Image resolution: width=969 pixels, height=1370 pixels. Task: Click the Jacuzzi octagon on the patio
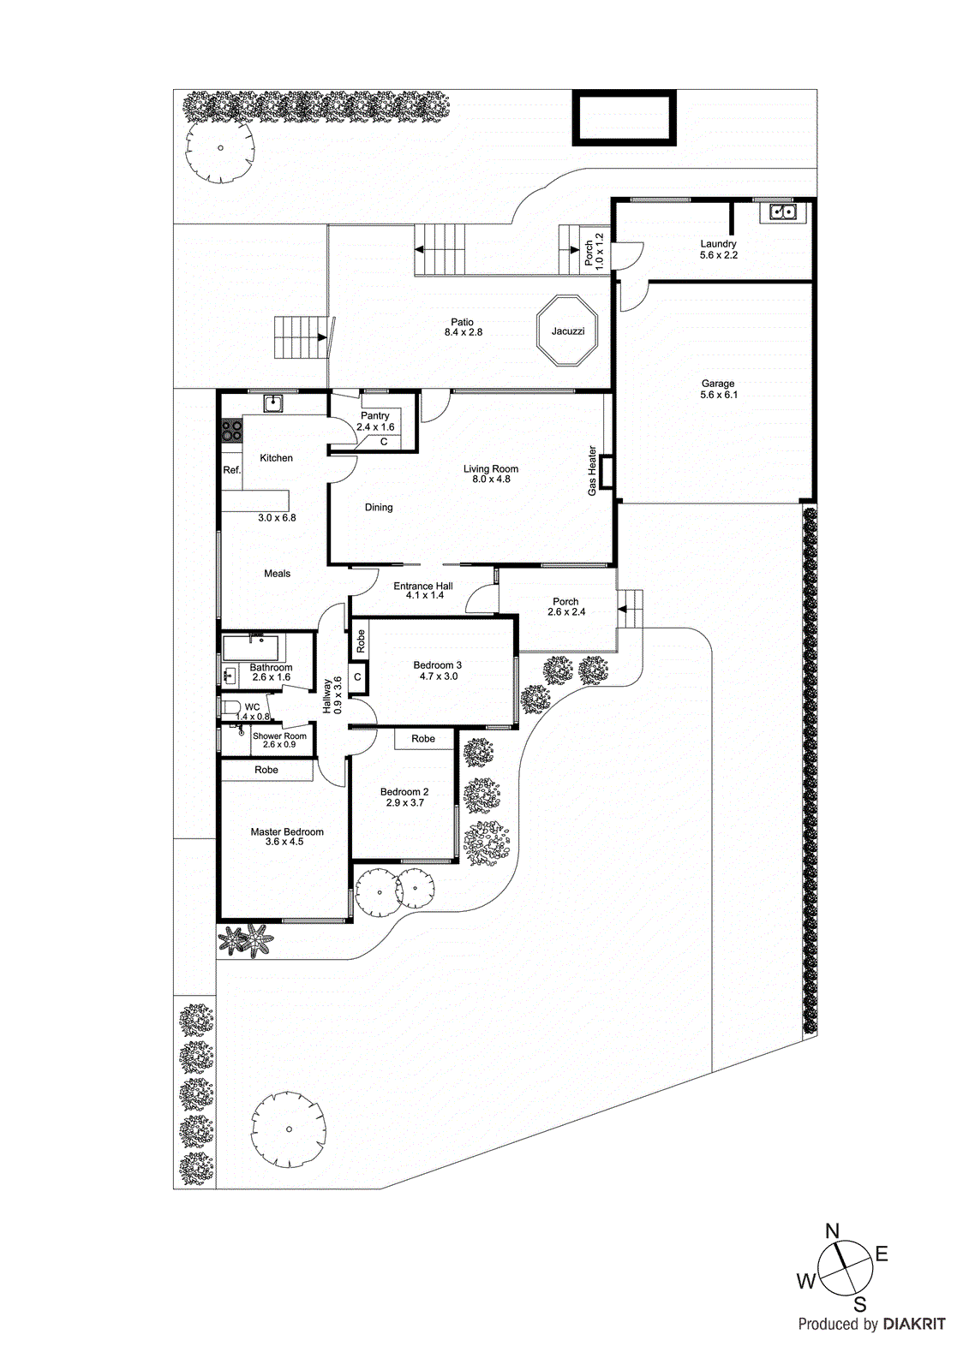[x=567, y=331]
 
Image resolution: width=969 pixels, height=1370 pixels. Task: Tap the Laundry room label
[x=718, y=244]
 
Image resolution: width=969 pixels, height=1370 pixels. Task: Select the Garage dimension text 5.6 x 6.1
[x=718, y=395]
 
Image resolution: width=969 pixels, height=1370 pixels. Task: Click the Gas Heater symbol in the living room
[x=607, y=473]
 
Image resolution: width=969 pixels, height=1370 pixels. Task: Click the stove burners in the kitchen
[x=231, y=429]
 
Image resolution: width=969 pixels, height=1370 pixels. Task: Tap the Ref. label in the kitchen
[x=232, y=470]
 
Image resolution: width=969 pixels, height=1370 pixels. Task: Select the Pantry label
[x=375, y=415]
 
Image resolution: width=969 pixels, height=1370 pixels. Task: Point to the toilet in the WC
[x=229, y=708]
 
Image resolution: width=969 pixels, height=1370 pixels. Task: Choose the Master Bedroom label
[x=287, y=831]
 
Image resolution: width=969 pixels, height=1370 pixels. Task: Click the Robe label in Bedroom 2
[x=423, y=738]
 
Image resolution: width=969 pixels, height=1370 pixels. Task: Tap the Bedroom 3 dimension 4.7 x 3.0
[x=438, y=676]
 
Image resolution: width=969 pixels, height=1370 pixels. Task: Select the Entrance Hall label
[x=423, y=587]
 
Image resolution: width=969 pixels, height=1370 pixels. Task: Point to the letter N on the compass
[x=832, y=1231]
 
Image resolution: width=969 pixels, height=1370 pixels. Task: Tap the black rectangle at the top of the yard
[x=625, y=117]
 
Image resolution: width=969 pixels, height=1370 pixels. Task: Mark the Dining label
[x=379, y=507]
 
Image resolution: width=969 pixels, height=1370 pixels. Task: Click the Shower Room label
[x=279, y=736]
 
